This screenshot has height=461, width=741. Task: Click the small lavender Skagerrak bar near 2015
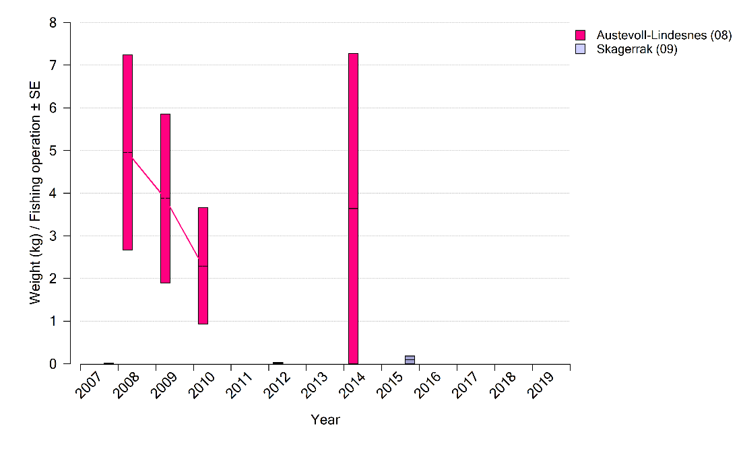coord(410,359)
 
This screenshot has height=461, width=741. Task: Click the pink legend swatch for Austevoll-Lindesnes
coord(581,36)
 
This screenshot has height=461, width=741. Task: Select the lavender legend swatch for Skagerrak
coord(581,49)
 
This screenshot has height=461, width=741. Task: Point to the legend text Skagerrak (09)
coord(637,49)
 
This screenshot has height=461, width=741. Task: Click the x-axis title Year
coord(325,420)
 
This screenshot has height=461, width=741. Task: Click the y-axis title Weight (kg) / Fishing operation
coord(35,192)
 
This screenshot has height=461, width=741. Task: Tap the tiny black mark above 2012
coord(278,363)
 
